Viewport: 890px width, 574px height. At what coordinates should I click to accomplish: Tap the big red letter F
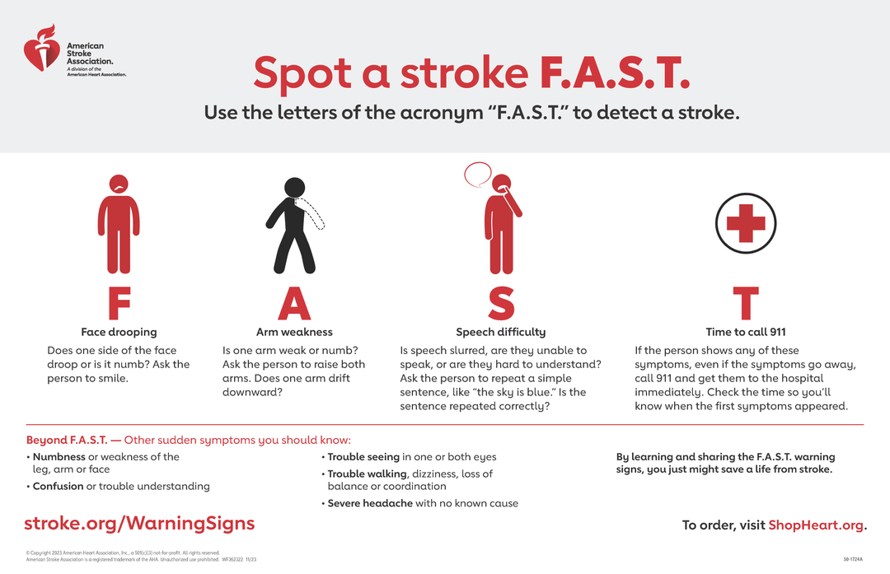pyautogui.click(x=119, y=304)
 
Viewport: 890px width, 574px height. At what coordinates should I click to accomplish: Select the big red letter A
pyautogui.click(x=294, y=304)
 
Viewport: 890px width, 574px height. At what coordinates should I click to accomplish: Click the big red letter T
pyautogui.click(x=745, y=304)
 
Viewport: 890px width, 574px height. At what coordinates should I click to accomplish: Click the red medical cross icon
pyautogui.click(x=745, y=223)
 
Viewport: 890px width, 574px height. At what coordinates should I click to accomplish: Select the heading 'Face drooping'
pyautogui.click(x=119, y=333)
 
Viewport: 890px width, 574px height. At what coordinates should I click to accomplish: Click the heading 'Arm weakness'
pyautogui.click(x=294, y=333)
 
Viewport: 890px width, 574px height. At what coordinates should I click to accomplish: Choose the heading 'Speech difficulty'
pyautogui.click(x=500, y=333)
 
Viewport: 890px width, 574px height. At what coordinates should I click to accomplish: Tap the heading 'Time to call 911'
pyautogui.click(x=745, y=333)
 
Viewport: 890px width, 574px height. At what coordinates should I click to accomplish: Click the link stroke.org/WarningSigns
pyautogui.click(x=140, y=524)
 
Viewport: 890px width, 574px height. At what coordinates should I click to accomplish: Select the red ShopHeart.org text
pyautogui.click(x=815, y=525)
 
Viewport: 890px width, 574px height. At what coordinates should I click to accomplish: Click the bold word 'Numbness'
pyautogui.click(x=59, y=457)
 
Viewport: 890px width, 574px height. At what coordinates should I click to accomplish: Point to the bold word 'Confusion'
pyautogui.click(x=58, y=487)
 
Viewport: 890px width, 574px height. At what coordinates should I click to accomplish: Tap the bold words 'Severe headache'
pyautogui.click(x=370, y=503)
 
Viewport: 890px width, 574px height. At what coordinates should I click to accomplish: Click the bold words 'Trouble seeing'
pyautogui.click(x=363, y=457)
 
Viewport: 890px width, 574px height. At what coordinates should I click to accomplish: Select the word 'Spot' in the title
pyautogui.click(x=302, y=73)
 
